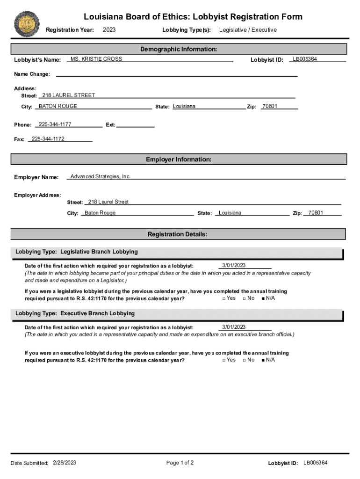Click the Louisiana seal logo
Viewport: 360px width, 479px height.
[27, 24]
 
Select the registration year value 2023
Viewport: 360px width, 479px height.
[109, 30]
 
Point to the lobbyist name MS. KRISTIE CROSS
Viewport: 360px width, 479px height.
[96, 59]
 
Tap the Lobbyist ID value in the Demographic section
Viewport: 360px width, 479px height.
[305, 59]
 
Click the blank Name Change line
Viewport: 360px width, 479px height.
[177, 73]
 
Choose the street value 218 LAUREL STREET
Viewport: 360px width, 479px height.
[69, 95]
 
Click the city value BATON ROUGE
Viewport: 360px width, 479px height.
[58, 106]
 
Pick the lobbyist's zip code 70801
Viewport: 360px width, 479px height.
[270, 106]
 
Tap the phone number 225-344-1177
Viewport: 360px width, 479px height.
[55, 124]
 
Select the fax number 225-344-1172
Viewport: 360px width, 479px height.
[48, 139]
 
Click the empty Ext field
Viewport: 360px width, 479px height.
[135, 124]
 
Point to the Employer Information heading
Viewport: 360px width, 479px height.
[179, 160]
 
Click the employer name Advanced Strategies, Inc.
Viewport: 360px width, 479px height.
[101, 176]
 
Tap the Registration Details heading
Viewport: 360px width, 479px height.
[178, 234]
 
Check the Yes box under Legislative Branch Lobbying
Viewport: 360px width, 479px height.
[224, 298]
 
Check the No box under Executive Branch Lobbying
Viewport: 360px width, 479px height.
[244, 360]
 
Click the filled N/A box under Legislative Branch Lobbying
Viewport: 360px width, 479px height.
[264, 298]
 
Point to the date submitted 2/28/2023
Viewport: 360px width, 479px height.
[65, 463]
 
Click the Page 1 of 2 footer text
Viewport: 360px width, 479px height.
[180, 463]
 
